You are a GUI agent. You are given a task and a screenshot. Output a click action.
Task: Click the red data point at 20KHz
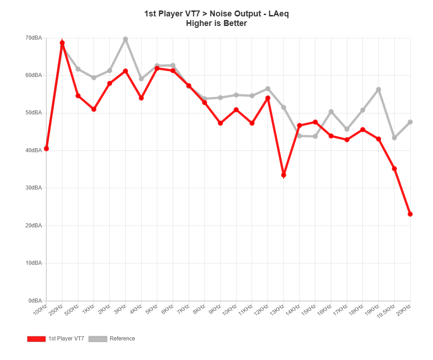tap(410, 214)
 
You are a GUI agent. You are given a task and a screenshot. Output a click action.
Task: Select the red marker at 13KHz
tap(284, 175)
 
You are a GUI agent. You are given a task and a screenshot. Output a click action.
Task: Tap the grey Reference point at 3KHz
tap(125, 39)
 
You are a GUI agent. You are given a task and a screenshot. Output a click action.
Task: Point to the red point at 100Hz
tap(46, 149)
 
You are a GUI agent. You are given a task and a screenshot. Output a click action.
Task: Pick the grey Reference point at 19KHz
tap(378, 89)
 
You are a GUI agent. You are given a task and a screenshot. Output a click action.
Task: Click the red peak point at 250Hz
tap(62, 43)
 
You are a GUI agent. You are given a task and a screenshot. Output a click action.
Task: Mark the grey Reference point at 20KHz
tap(410, 122)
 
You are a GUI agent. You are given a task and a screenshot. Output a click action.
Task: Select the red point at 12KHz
tap(268, 98)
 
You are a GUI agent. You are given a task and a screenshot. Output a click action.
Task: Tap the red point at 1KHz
tap(94, 109)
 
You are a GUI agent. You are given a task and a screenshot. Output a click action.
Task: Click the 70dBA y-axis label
tap(34, 38)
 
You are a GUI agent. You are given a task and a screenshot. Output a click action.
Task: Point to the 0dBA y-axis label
tap(35, 301)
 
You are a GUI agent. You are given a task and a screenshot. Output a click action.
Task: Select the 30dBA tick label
tap(34, 188)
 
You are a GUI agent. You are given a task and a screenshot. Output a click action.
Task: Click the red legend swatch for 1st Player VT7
tap(36, 339)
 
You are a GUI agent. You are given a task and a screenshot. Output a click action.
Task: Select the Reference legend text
tap(122, 339)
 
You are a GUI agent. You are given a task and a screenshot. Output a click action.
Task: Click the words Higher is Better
tap(216, 23)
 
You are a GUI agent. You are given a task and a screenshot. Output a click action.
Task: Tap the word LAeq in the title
tap(278, 14)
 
